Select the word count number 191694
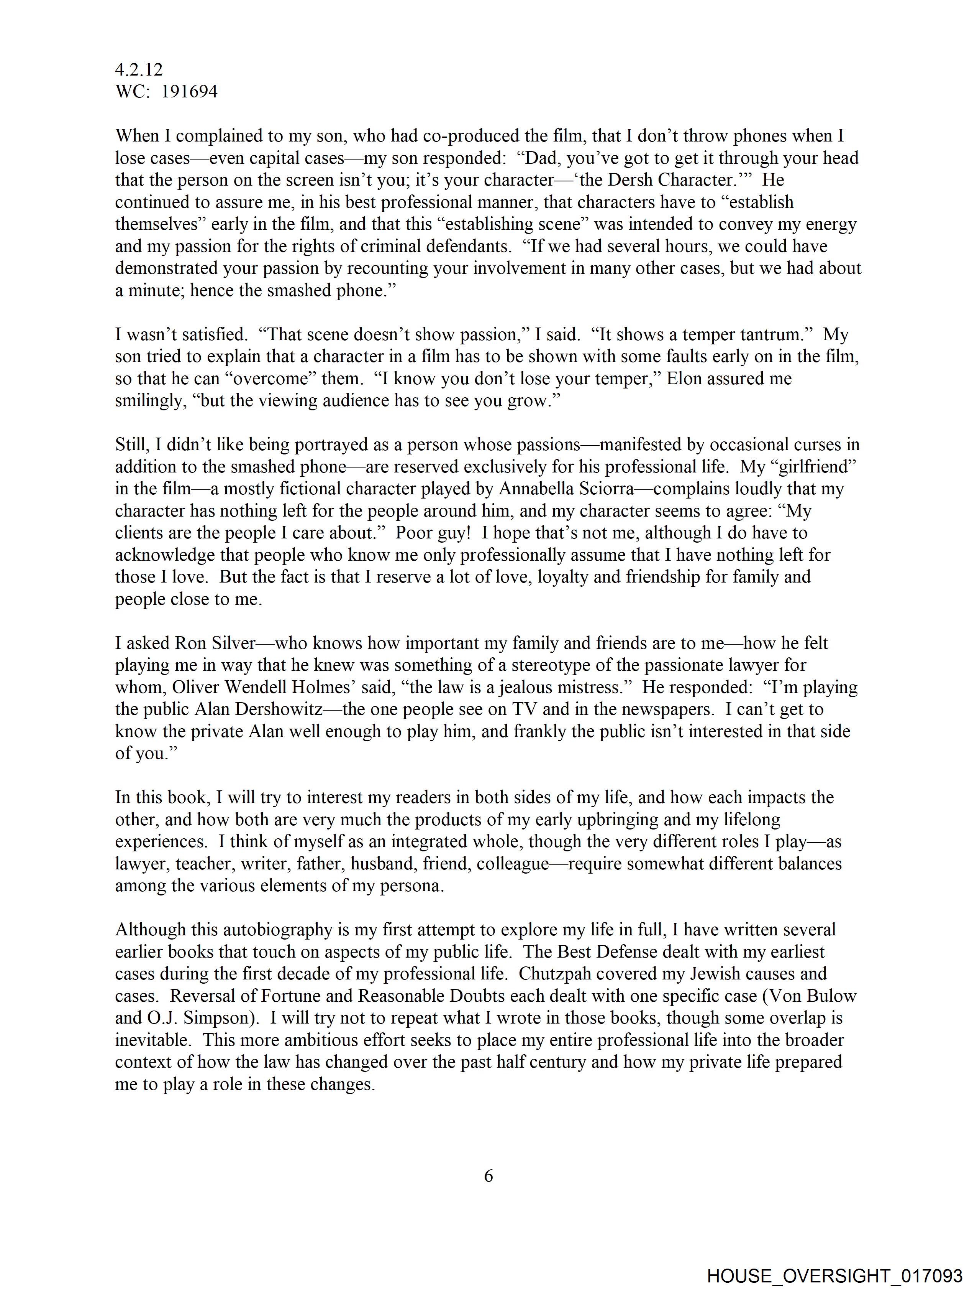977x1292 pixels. tap(189, 92)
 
